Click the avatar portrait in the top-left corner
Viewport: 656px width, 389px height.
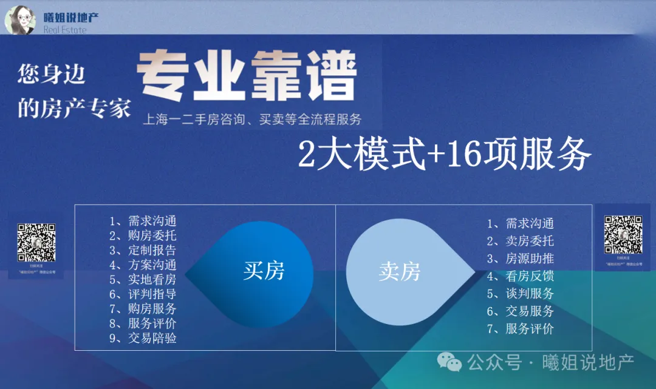tap(20, 19)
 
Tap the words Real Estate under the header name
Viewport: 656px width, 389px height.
tap(65, 30)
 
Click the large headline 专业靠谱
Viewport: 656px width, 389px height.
tap(246, 78)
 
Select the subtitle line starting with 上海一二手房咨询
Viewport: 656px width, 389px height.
tap(251, 119)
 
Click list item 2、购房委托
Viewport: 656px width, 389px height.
tap(143, 235)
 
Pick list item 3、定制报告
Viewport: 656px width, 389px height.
tap(143, 250)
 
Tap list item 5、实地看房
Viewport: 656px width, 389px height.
tap(143, 279)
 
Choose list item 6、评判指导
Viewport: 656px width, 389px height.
tap(143, 294)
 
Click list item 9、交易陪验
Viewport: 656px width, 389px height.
tap(143, 338)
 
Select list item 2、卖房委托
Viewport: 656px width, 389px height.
tap(521, 241)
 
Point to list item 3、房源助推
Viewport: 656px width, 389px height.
tap(521, 259)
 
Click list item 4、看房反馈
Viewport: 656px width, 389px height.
tap(521, 276)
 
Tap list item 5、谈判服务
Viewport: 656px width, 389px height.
tap(521, 294)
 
